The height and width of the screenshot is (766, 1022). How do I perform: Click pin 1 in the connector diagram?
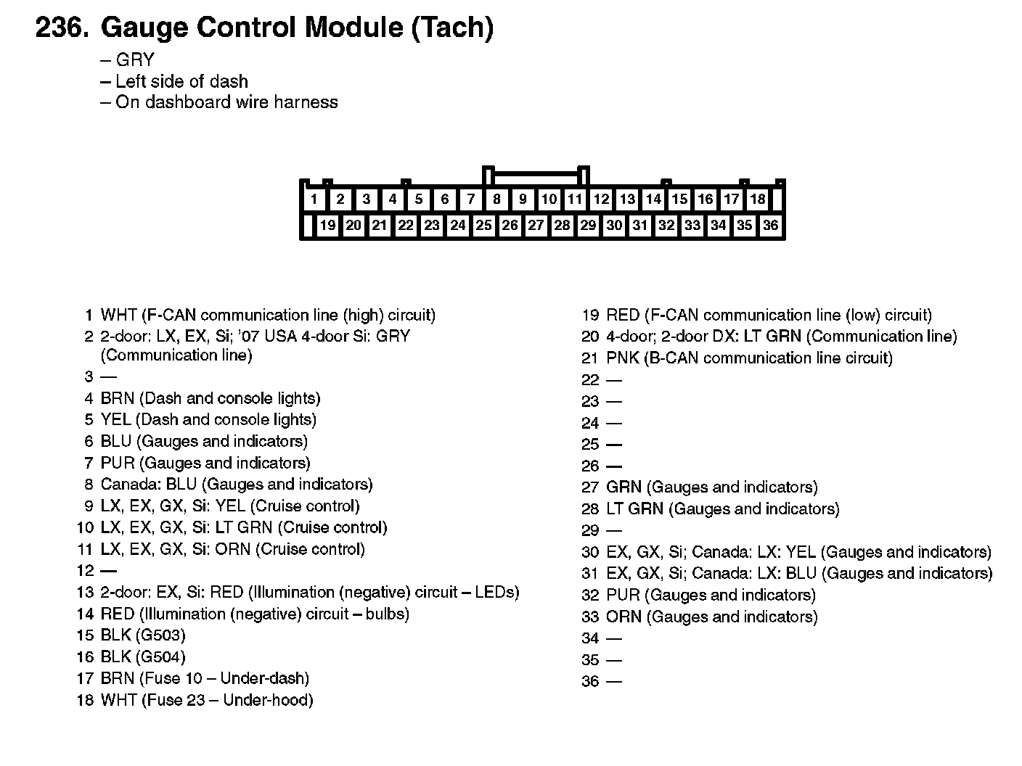[x=314, y=199]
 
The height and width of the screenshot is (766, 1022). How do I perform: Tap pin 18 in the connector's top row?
[x=757, y=199]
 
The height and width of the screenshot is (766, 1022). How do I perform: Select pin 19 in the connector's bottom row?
[x=327, y=225]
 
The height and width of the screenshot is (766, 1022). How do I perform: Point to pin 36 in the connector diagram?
[x=770, y=225]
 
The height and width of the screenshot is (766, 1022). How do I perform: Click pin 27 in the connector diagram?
[x=536, y=225]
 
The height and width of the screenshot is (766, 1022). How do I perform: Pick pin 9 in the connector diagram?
[x=523, y=199]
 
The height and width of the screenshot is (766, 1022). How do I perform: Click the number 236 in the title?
[x=61, y=28]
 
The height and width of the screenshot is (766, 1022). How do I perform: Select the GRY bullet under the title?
[x=134, y=60]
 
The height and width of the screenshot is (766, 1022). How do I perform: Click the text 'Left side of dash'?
[x=181, y=81]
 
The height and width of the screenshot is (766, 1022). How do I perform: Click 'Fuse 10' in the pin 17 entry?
[x=174, y=678]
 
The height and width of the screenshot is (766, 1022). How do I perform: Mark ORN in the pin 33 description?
[x=624, y=617]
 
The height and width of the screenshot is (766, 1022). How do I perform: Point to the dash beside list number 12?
[x=107, y=571]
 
